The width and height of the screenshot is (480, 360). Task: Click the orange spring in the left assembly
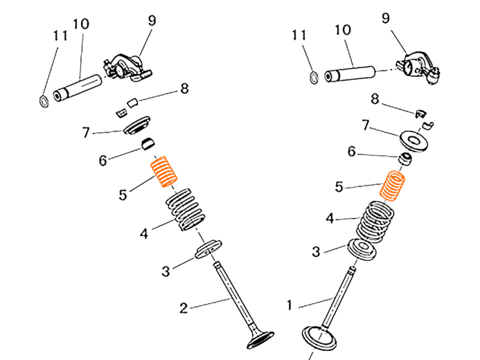tap(163, 171)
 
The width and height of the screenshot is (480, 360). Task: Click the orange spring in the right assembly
tap(392, 186)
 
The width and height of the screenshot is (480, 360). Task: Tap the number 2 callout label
tap(184, 308)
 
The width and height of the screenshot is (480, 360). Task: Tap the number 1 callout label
tap(290, 305)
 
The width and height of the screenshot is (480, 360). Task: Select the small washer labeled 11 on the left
tap(44, 102)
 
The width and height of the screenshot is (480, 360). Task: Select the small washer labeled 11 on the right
tap(314, 78)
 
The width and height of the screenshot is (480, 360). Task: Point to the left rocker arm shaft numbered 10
tap(78, 88)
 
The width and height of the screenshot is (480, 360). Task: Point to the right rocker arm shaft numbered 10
tap(350, 74)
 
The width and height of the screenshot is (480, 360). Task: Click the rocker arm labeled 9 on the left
tap(127, 68)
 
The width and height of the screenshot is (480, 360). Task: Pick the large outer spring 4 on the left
tap(185, 210)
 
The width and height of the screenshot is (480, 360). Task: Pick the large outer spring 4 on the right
tap(375, 221)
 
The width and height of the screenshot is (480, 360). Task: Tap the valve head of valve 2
tap(260, 340)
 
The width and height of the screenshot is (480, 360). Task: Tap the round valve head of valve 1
tap(319, 339)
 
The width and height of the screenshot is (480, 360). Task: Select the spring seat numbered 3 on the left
tap(208, 250)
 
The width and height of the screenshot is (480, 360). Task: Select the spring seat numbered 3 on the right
tap(362, 249)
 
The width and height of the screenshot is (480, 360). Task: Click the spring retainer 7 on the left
tap(137, 125)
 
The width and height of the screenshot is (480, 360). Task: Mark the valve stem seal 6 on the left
tap(148, 144)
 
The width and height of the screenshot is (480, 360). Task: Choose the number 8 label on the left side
tap(184, 89)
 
